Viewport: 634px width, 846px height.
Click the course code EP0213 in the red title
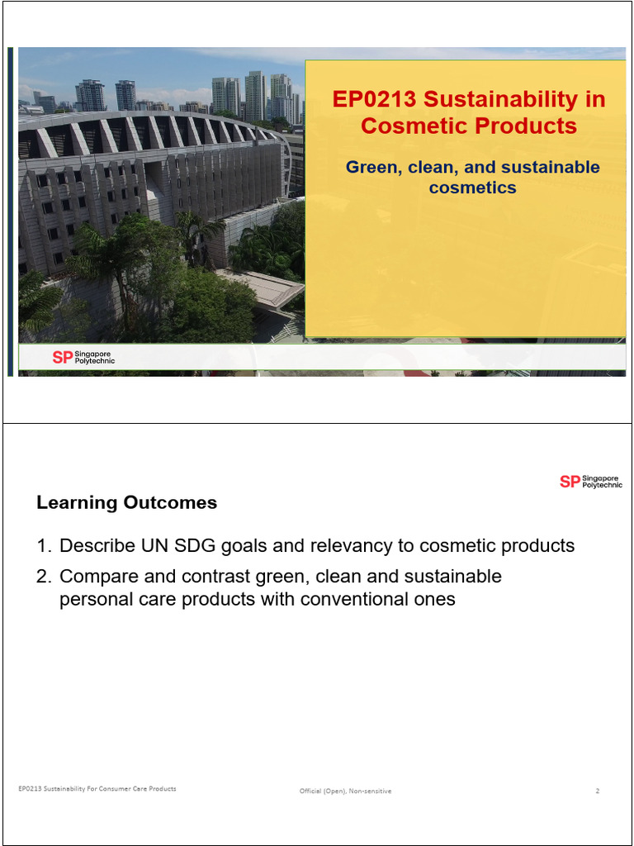coord(370,100)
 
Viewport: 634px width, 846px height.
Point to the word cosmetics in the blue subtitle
coord(472,188)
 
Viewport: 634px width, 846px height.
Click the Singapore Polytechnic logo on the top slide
coord(83,357)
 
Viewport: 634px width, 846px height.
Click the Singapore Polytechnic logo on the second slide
coord(590,482)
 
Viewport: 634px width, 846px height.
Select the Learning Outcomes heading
coord(126,502)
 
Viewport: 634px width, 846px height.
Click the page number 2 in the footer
coord(597,791)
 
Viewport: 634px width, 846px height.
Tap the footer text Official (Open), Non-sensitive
coord(345,791)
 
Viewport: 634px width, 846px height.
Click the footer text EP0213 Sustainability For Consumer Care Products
coord(97,789)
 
